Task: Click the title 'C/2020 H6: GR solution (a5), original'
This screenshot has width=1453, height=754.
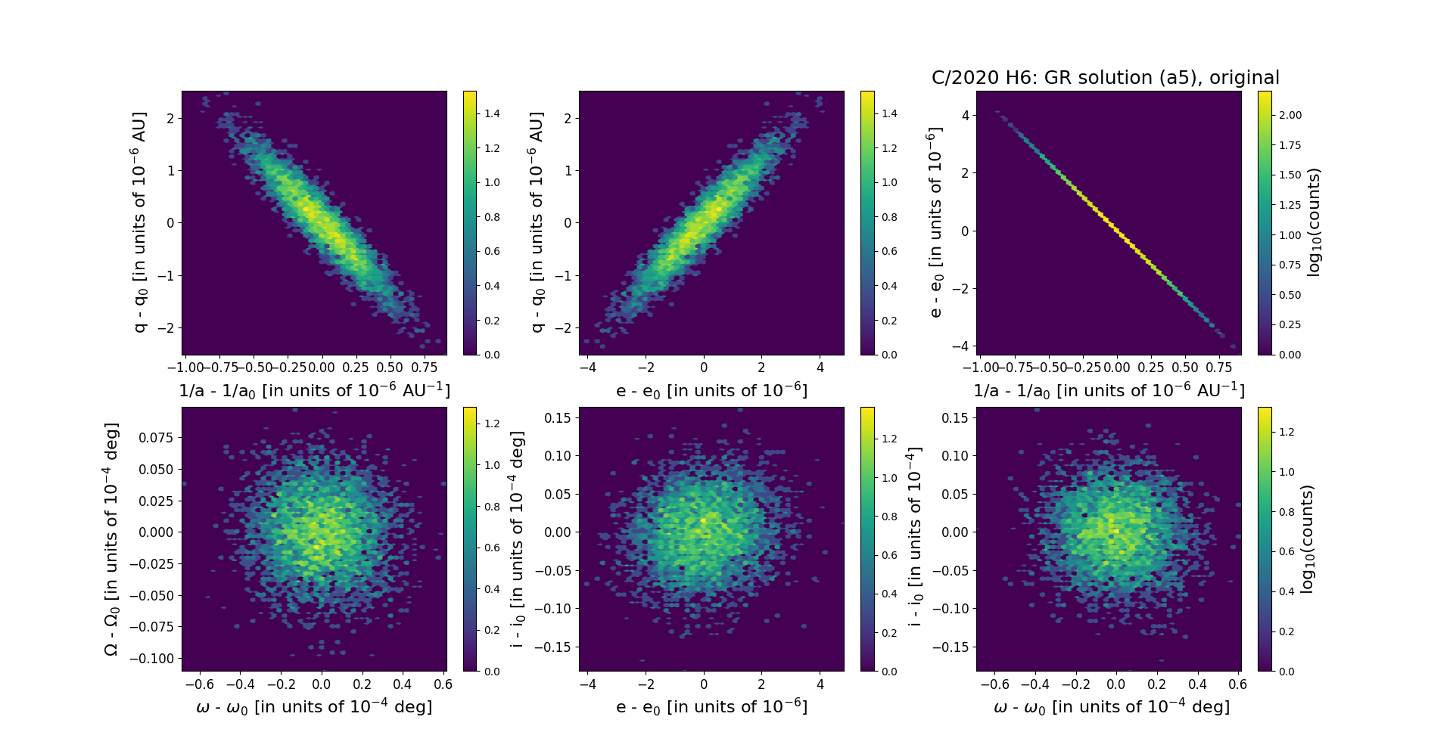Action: click(x=1105, y=78)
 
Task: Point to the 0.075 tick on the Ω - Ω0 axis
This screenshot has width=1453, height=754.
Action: click(x=155, y=438)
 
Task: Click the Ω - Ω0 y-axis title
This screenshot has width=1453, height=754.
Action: click(x=111, y=539)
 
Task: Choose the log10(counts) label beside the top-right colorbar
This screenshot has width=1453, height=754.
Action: click(x=1314, y=222)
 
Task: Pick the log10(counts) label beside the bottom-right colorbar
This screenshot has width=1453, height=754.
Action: click(x=1306, y=539)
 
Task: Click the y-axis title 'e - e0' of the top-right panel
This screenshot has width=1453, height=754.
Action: click(x=935, y=222)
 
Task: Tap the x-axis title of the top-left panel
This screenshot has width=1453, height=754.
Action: click(x=314, y=391)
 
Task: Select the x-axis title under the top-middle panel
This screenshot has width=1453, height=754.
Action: click(x=711, y=391)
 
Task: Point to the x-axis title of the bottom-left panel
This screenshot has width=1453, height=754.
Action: click(x=314, y=707)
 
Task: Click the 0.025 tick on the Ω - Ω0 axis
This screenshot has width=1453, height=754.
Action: click(x=155, y=501)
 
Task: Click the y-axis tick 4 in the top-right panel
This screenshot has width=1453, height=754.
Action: click(x=965, y=115)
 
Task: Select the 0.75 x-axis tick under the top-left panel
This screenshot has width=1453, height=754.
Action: click(x=424, y=368)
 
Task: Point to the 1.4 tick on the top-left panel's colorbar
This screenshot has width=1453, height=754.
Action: click(x=492, y=113)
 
